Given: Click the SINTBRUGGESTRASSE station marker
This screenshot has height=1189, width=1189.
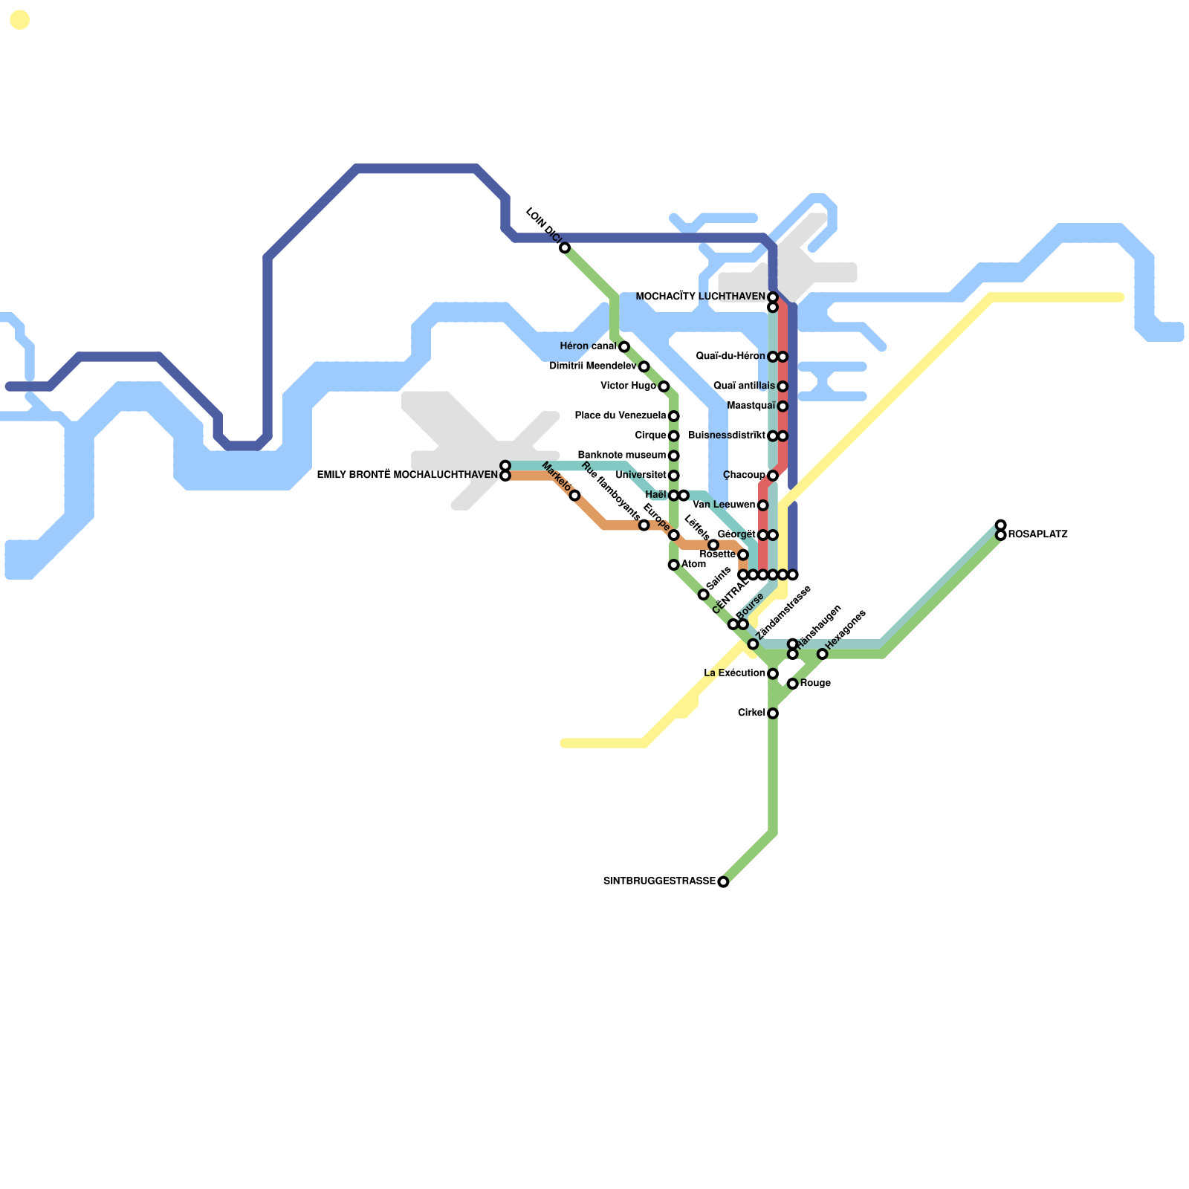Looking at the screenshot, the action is point(723,882).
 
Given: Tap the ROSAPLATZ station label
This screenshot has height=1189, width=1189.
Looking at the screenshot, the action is point(1038,534).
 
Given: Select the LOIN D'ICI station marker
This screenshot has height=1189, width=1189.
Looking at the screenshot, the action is point(565,247).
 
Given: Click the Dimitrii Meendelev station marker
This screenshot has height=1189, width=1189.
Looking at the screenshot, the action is point(644,366).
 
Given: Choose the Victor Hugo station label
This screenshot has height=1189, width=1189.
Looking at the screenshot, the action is point(628,386).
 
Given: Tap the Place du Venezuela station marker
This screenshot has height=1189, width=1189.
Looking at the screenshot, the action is point(673,416).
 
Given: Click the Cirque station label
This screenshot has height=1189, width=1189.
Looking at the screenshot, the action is point(650,435).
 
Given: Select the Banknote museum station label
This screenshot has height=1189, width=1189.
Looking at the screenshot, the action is point(621,455).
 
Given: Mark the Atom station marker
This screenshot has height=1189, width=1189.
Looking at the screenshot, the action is point(673,565).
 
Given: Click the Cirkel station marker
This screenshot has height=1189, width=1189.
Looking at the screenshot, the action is point(773,713).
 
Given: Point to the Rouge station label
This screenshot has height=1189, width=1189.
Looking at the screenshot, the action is point(815,683).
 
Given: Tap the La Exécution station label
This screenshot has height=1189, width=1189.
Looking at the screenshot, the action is point(734,673).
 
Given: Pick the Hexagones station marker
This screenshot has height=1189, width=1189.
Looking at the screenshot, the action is point(822,654).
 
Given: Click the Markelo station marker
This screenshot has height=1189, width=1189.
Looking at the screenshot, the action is point(574,496).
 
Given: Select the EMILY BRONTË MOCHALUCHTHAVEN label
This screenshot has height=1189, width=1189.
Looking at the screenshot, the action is point(407,475).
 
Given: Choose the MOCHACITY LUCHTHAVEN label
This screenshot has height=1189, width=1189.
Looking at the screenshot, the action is point(700,297).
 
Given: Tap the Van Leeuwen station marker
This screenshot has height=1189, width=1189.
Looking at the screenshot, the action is point(762,505).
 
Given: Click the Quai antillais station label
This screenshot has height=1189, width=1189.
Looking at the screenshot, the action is point(744,386).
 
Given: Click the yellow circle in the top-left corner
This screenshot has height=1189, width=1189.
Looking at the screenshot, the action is point(20,20).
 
